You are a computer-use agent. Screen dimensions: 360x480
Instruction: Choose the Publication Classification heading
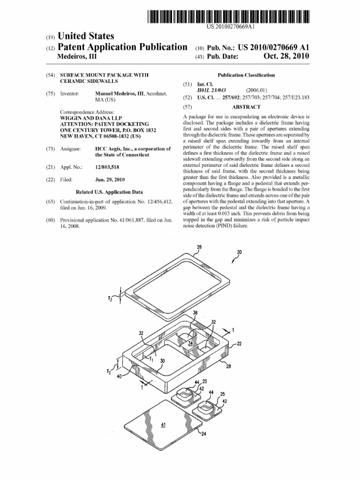point(246,75)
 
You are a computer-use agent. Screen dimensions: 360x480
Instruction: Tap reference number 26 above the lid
point(199,247)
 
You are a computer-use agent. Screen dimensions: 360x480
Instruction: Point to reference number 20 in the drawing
point(240,252)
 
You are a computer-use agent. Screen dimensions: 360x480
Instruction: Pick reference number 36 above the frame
point(195,313)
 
